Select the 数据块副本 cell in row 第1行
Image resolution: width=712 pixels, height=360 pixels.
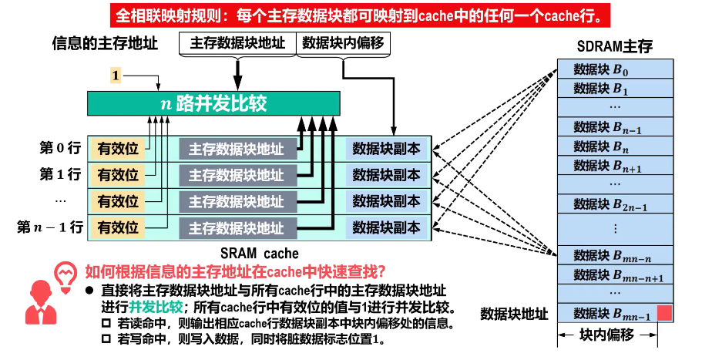[x=386, y=174]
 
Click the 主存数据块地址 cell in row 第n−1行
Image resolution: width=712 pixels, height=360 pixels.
[x=237, y=227]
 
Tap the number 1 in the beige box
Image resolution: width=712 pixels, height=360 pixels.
[x=116, y=76]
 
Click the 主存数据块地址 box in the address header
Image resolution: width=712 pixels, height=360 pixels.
[x=237, y=42]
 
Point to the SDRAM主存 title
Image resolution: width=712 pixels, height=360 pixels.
[x=615, y=46]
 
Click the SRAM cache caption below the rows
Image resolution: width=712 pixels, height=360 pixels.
[x=257, y=253]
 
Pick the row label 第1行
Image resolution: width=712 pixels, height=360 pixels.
[x=60, y=174]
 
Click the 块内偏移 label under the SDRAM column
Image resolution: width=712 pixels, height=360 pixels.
[x=606, y=336]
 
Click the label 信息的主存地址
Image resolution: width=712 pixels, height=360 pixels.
[x=105, y=44]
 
